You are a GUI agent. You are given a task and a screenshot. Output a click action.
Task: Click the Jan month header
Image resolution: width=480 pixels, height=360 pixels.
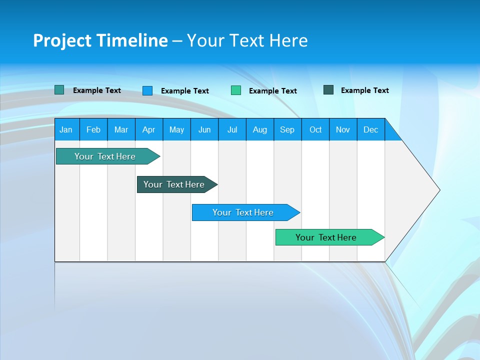pyautogui.click(x=66, y=129)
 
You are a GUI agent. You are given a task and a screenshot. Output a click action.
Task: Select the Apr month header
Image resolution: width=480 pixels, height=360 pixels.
pyautogui.click(x=148, y=129)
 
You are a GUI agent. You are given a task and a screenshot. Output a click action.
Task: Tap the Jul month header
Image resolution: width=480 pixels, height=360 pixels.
pyautogui.click(x=232, y=129)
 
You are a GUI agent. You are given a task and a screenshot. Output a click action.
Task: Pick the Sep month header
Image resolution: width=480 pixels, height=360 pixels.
pyautogui.click(x=287, y=129)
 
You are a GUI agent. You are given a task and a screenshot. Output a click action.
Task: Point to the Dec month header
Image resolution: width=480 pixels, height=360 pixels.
pyautogui.click(x=370, y=129)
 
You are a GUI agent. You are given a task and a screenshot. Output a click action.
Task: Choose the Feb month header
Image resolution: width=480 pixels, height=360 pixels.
pyautogui.click(x=93, y=129)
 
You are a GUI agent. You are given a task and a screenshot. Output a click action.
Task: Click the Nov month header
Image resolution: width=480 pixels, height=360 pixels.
pyautogui.click(x=343, y=129)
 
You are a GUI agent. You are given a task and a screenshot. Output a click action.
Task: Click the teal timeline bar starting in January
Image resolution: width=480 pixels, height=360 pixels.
pyautogui.click(x=105, y=156)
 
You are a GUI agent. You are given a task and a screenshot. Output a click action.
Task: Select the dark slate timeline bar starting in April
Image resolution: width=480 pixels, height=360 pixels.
pyautogui.click(x=174, y=184)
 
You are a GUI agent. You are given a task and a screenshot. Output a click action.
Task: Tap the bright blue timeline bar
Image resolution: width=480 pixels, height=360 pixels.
pyautogui.click(x=243, y=212)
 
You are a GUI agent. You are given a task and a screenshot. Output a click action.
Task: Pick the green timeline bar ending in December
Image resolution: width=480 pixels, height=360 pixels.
pyautogui.click(x=326, y=237)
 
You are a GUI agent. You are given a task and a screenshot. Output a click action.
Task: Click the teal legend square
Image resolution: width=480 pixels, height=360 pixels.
pyautogui.click(x=59, y=90)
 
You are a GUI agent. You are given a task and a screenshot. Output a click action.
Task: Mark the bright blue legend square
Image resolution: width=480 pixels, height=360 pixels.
pyautogui.click(x=147, y=90)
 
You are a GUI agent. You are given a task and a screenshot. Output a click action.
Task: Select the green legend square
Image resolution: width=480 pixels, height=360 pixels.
pyautogui.click(x=236, y=90)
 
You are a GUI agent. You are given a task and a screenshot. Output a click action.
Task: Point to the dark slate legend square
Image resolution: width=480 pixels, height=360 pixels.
pyautogui.click(x=328, y=90)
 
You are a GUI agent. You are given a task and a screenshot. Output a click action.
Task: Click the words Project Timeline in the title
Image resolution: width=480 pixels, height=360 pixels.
pyautogui.click(x=100, y=40)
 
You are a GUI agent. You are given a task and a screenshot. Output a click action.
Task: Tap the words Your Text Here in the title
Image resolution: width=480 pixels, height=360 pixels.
pyautogui.click(x=247, y=40)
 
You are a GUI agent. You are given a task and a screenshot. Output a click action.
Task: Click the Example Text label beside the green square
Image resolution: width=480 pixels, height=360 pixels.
pyautogui.click(x=273, y=91)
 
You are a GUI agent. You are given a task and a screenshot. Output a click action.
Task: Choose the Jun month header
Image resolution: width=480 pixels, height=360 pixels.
pyautogui.click(x=204, y=129)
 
